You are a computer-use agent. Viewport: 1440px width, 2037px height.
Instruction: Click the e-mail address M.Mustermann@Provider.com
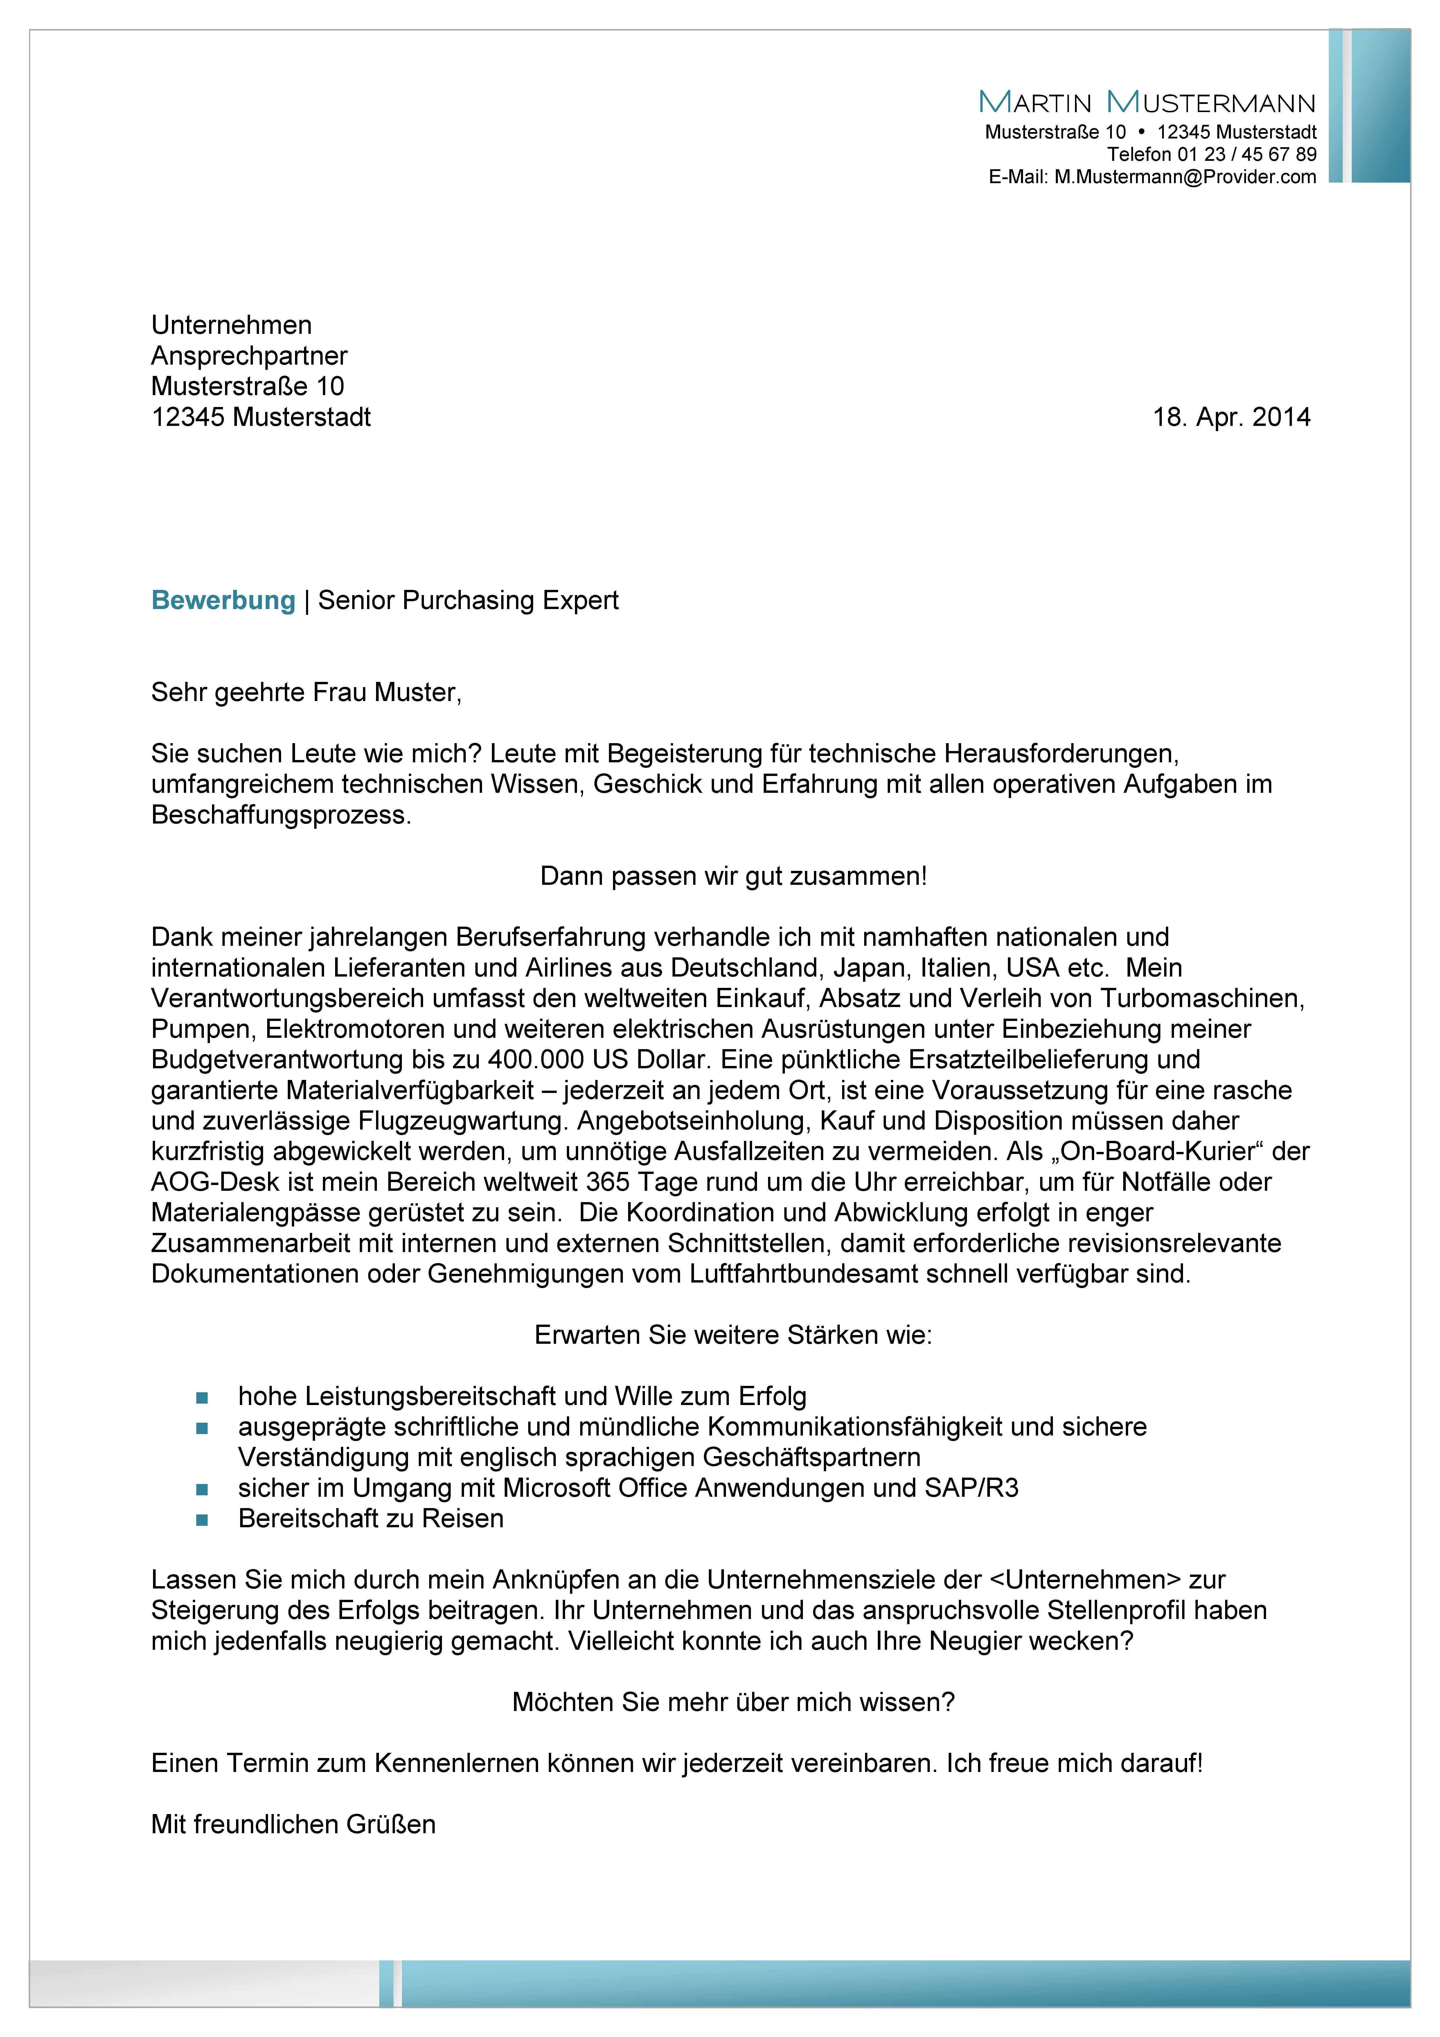(x=1184, y=176)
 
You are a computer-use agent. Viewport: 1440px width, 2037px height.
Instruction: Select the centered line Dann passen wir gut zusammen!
(x=733, y=877)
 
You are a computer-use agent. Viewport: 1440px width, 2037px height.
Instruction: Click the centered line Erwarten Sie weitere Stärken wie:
(x=733, y=1335)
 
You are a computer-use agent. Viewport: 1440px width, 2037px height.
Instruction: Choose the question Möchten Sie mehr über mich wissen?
(x=733, y=1703)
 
